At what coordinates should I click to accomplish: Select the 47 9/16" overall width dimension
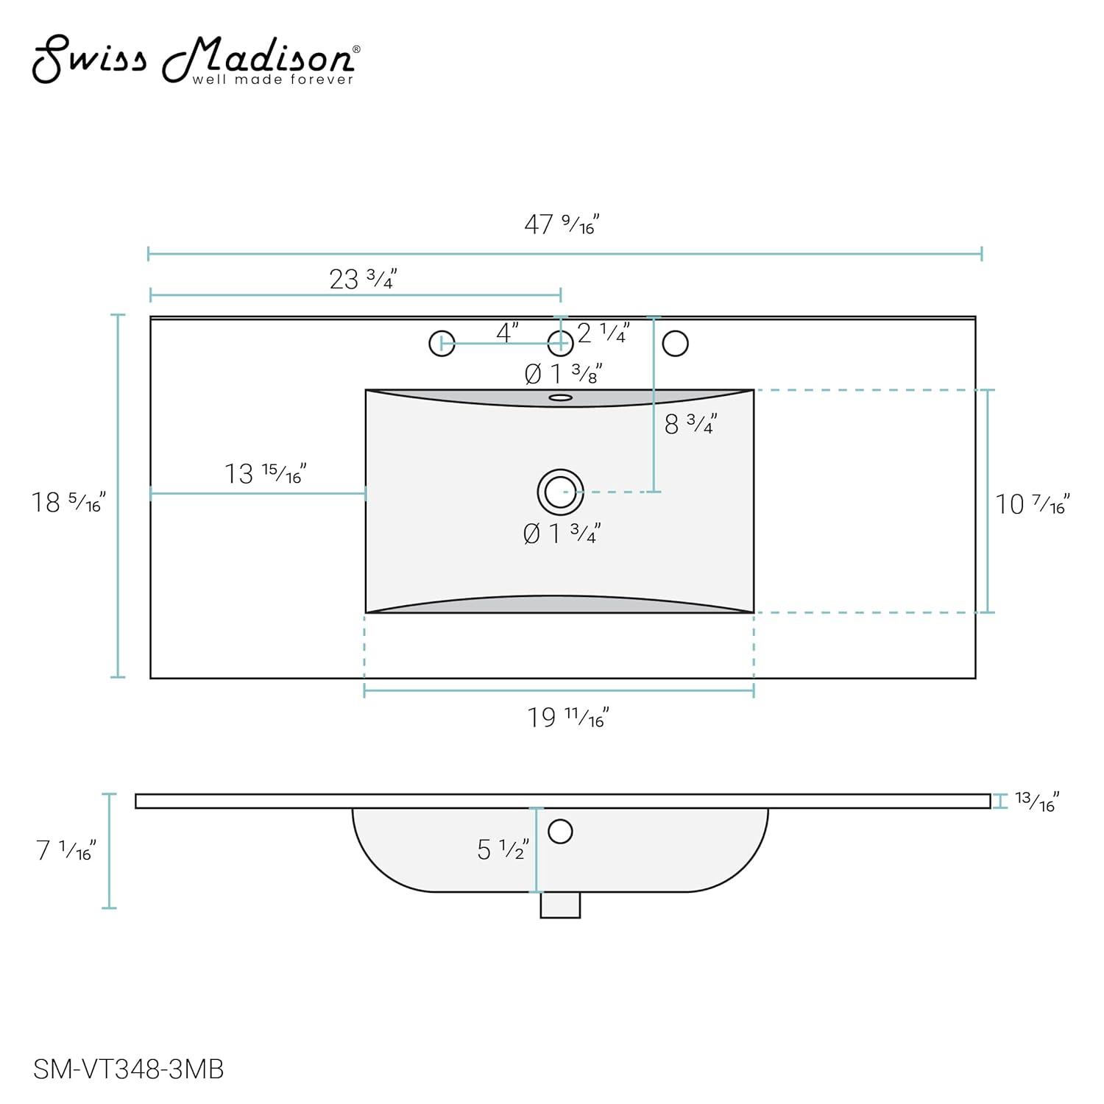click(562, 224)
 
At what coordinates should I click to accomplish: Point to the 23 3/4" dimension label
click(363, 279)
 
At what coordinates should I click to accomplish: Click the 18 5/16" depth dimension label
click(68, 502)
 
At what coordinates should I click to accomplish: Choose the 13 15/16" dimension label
click(265, 473)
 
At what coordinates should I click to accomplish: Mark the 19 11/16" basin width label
click(568, 717)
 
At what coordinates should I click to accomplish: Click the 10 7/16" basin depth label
click(1032, 503)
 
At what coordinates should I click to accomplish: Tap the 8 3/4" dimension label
click(690, 423)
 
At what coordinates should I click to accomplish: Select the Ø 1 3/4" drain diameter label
click(562, 533)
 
